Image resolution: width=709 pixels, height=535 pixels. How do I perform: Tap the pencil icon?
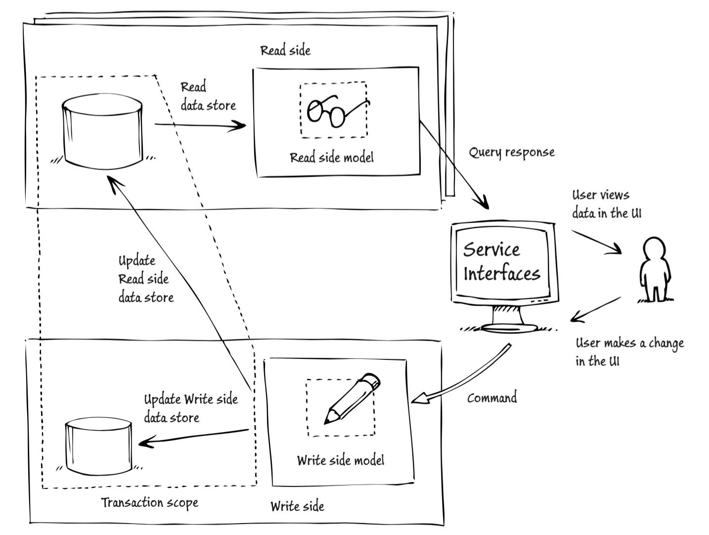(352, 398)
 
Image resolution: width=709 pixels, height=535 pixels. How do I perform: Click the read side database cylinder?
(102, 131)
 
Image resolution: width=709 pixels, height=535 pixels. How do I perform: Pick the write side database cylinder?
(98, 446)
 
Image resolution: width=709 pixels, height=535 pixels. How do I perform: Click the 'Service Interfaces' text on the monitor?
(502, 261)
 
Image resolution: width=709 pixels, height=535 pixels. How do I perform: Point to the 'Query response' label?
(512, 152)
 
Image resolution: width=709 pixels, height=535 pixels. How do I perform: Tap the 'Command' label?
(492, 398)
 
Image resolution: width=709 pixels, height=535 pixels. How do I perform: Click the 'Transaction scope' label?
(149, 503)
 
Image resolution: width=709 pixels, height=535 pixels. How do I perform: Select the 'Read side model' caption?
(332, 158)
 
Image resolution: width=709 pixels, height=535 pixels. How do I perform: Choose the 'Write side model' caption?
(341, 460)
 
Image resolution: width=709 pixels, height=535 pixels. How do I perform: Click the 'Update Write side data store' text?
(191, 408)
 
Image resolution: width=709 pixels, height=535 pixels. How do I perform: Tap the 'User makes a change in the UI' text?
(629, 352)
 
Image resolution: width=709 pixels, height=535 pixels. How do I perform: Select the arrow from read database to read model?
(200, 125)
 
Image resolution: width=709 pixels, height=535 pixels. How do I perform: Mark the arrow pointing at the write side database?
(194, 437)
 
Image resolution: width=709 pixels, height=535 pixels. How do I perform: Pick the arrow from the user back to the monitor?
(595, 310)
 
